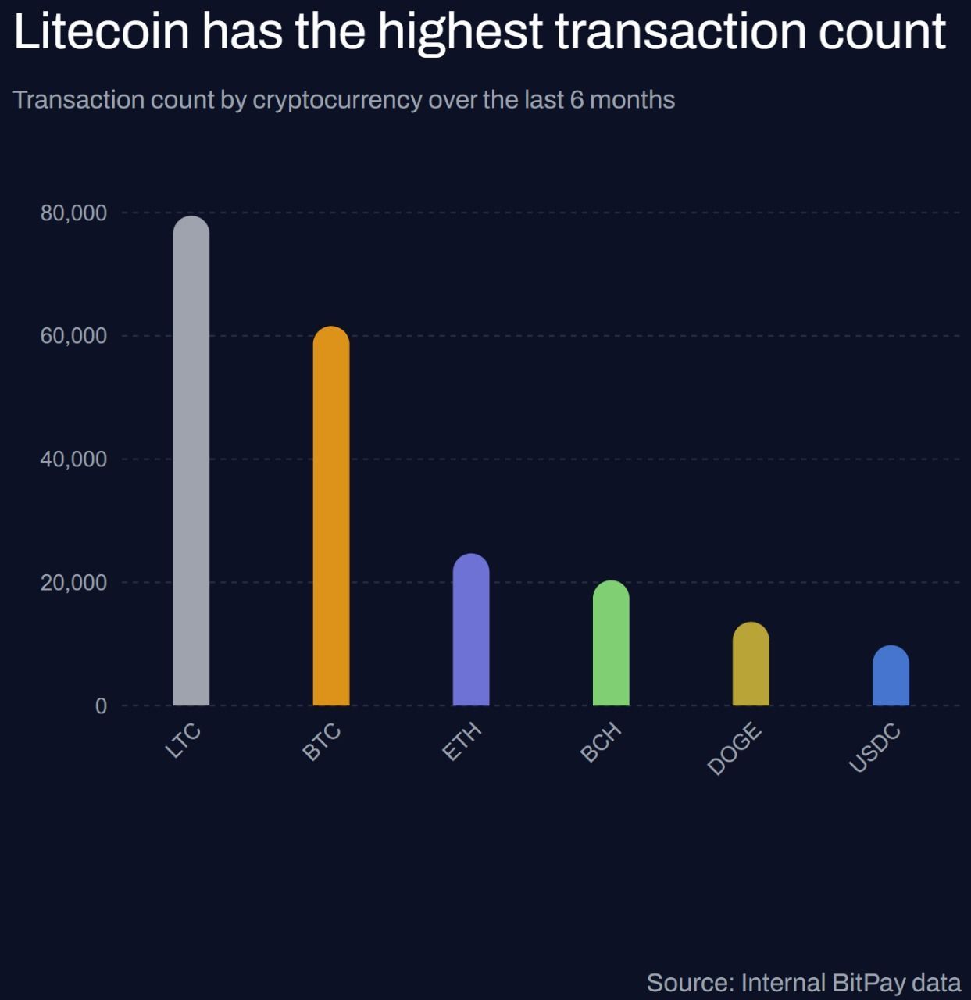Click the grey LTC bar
coord(191,461)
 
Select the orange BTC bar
coord(330,516)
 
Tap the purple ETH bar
coord(470,630)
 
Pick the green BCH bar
coord(610,643)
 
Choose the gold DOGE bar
coord(750,664)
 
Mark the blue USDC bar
coord(890,676)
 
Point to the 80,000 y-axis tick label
coord(73,212)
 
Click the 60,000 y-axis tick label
coord(73,336)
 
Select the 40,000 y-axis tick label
coord(73,459)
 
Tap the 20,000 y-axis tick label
coord(73,583)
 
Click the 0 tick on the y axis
coord(101,706)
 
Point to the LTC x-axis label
coord(184,741)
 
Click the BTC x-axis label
coord(322,742)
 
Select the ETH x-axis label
coord(462,742)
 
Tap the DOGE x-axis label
coord(734,748)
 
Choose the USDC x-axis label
coord(875,748)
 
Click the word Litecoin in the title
coord(102,31)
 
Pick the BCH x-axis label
coord(601,742)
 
